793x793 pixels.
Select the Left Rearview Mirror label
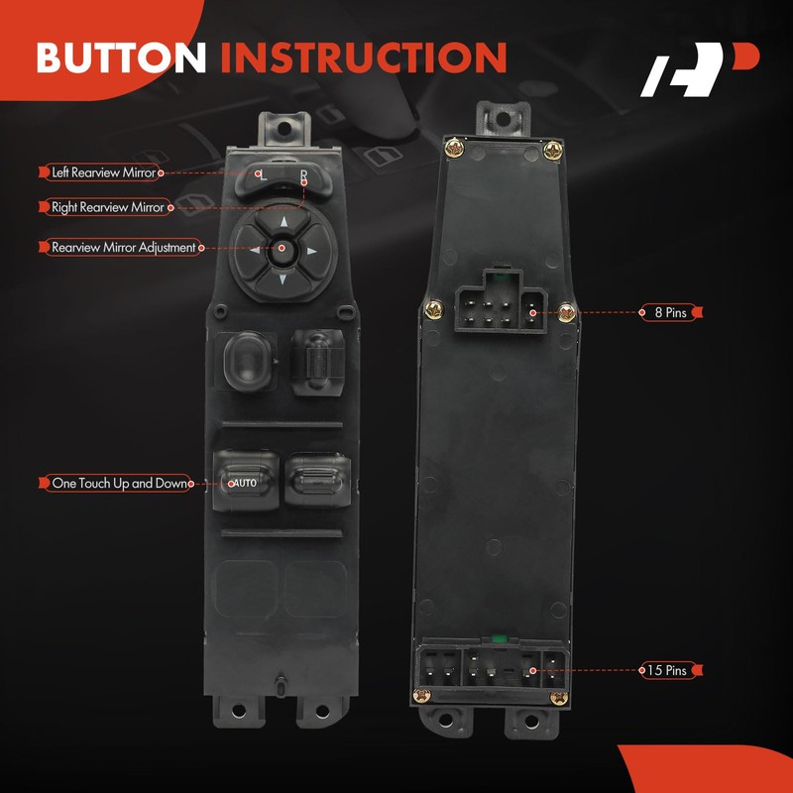click(x=103, y=172)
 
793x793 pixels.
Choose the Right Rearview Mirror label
click(x=109, y=208)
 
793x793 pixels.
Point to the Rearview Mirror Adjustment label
click(x=123, y=247)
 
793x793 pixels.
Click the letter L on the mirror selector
click(x=262, y=175)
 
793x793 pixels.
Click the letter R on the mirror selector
click(x=303, y=175)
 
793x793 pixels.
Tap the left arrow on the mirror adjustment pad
click(x=255, y=250)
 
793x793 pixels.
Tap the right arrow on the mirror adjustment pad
click(x=310, y=250)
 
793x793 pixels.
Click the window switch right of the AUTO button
click(x=315, y=478)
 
